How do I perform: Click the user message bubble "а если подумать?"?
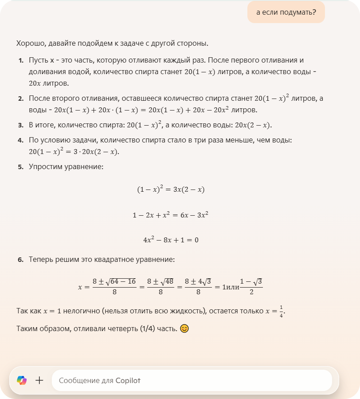click(x=286, y=12)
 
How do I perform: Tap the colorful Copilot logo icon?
click(x=22, y=380)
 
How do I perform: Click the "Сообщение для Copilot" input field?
click(x=192, y=380)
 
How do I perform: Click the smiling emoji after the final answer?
click(x=185, y=329)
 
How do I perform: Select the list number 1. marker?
click(x=21, y=60)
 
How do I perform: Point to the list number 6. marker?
click(x=21, y=259)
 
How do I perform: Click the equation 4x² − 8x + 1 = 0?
click(x=171, y=240)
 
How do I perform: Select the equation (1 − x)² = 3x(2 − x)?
click(x=171, y=190)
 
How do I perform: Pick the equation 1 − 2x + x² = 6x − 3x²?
click(x=171, y=215)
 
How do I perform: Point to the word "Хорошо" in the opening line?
click(x=28, y=43)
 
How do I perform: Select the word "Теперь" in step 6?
click(x=41, y=259)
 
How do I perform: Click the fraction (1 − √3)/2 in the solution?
click(x=251, y=286)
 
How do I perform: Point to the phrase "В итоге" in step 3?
click(x=41, y=125)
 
